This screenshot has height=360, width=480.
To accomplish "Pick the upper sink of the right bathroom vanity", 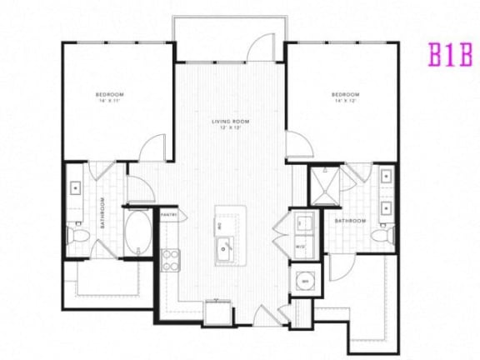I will [387, 177].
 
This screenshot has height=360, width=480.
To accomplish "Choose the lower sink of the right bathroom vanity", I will [387, 207].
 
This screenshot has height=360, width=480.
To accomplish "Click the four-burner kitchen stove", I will [171, 260].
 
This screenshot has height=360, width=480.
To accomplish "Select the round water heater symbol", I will [304, 281].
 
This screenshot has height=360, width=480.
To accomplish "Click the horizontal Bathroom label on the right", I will [351, 221].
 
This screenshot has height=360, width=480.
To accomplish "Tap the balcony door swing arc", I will [263, 47].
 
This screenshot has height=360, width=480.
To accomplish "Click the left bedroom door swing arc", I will [152, 148].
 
